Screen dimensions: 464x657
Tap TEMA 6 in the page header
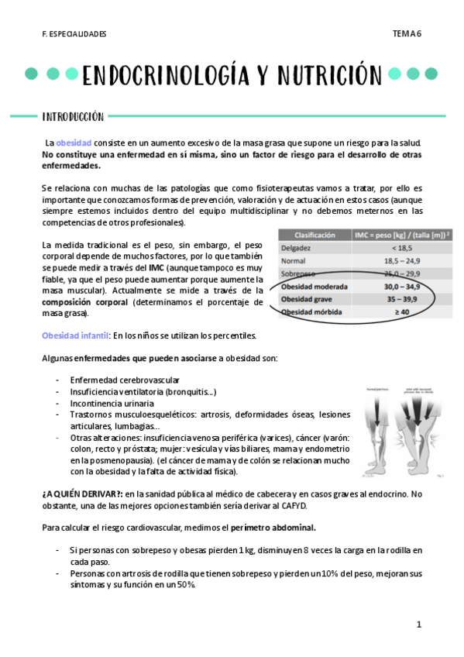click(x=406, y=33)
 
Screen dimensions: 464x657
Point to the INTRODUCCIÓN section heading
click(x=74, y=116)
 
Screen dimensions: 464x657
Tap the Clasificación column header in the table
click(x=314, y=234)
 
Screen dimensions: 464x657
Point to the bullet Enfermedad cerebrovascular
click(x=125, y=380)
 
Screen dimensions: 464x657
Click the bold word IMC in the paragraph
click(x=156, y=267)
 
